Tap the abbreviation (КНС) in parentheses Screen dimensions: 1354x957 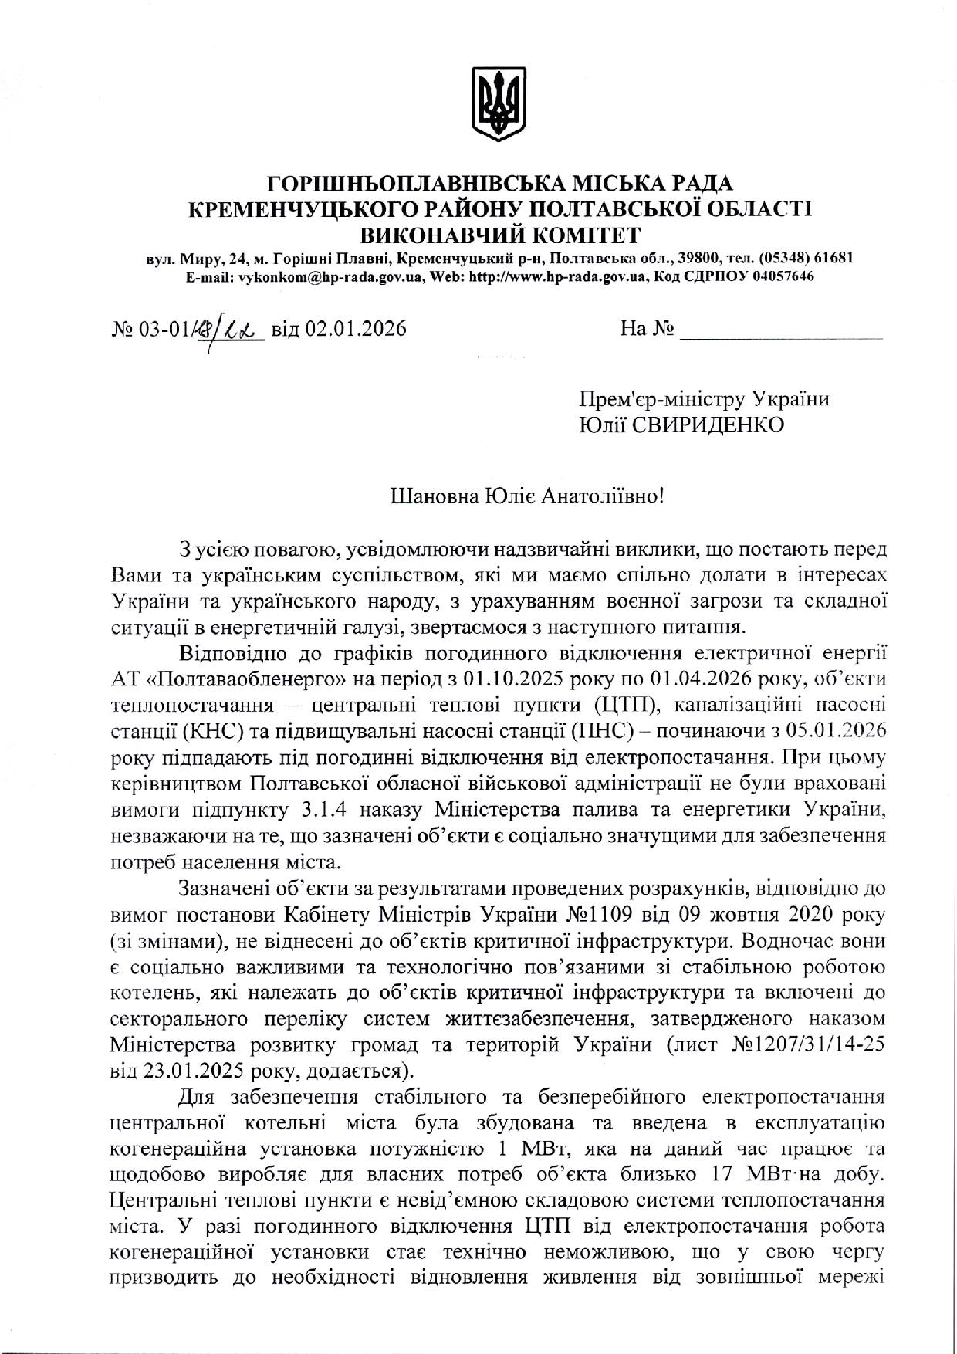(211, 730)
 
